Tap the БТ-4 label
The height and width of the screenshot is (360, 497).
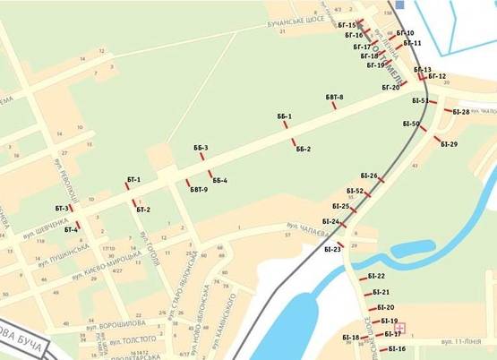72,229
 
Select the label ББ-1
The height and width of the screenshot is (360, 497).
285,116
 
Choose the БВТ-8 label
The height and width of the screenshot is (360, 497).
335,97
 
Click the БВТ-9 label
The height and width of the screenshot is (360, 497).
199,190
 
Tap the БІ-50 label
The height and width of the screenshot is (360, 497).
410,124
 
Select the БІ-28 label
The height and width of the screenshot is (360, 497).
461,112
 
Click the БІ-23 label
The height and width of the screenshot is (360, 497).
332,249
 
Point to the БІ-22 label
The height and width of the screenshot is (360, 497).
376,277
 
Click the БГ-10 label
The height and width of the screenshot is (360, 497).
405,33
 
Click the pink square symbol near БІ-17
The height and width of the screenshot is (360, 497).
400,328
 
